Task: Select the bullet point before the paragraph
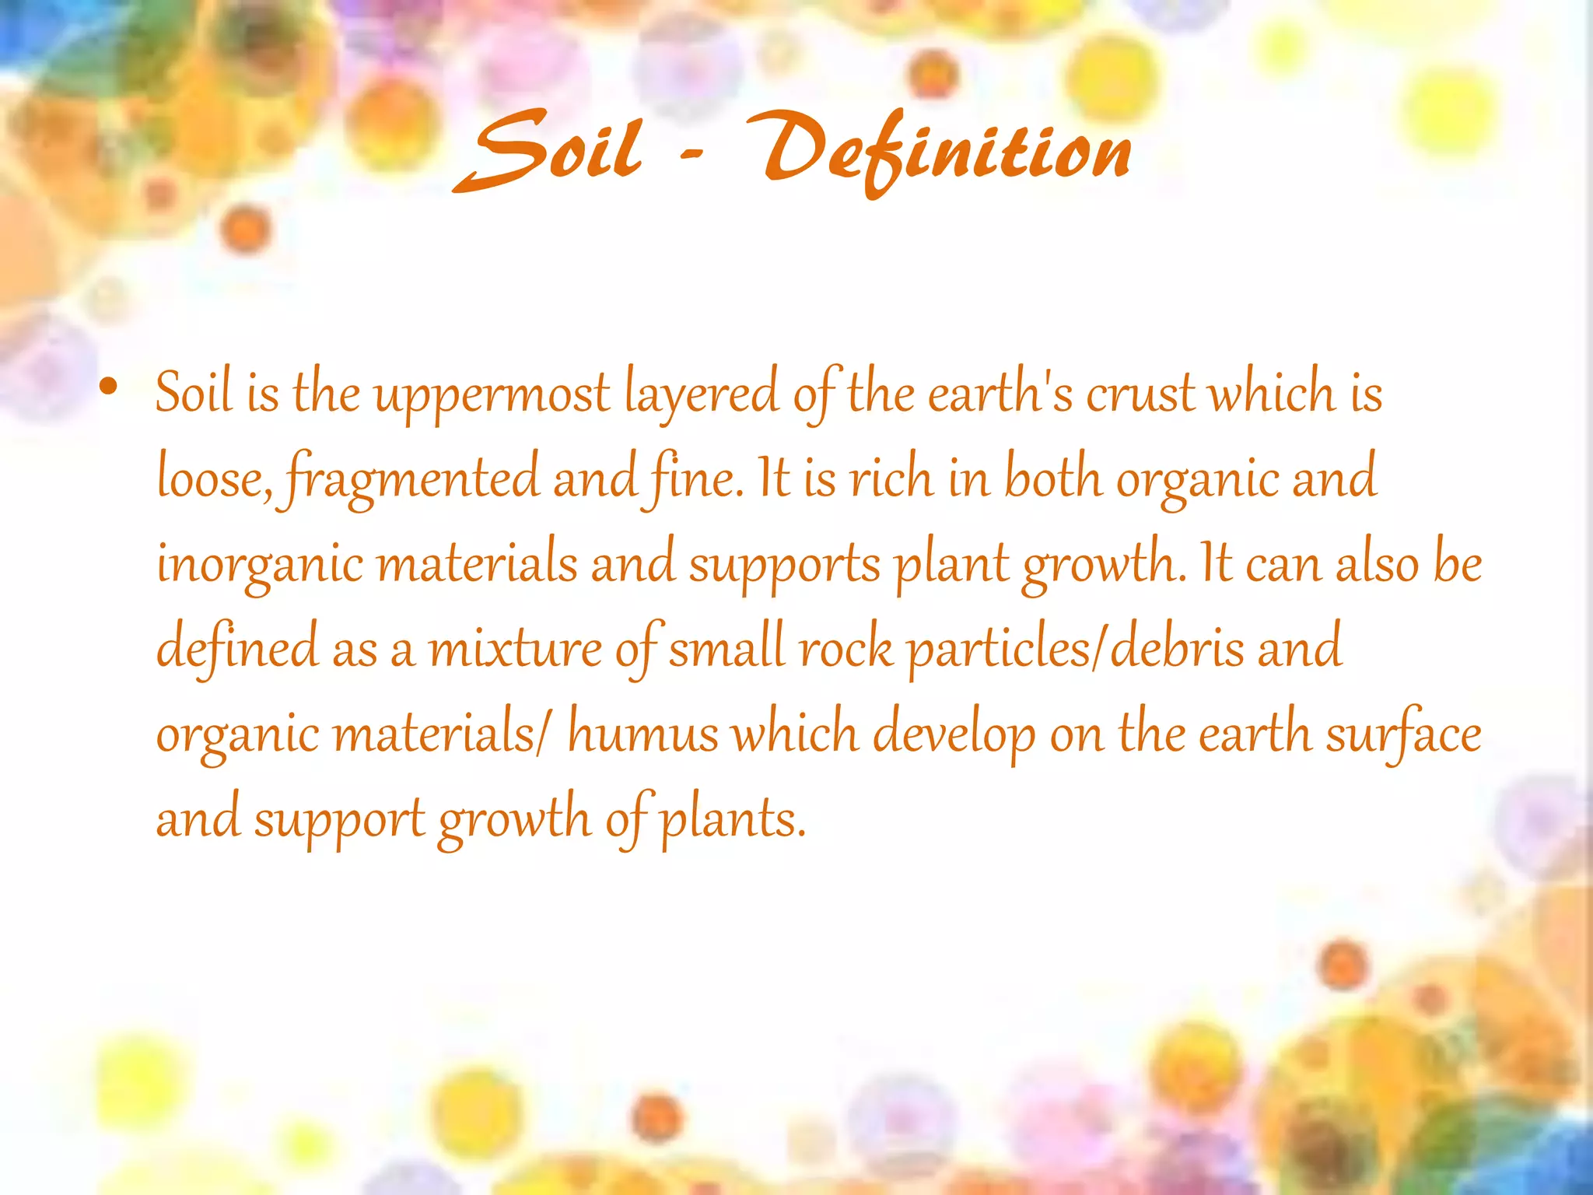[x=109, y=387]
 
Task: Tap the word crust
[x=1140, y=393]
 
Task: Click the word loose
[x=212, y=478]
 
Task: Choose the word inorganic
[x=260, y=564]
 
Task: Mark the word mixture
[x=515, y=648]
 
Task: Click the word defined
[x=237, y=648]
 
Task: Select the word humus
[x=642, y=734]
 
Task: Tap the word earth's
[x=1000, y=393]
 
